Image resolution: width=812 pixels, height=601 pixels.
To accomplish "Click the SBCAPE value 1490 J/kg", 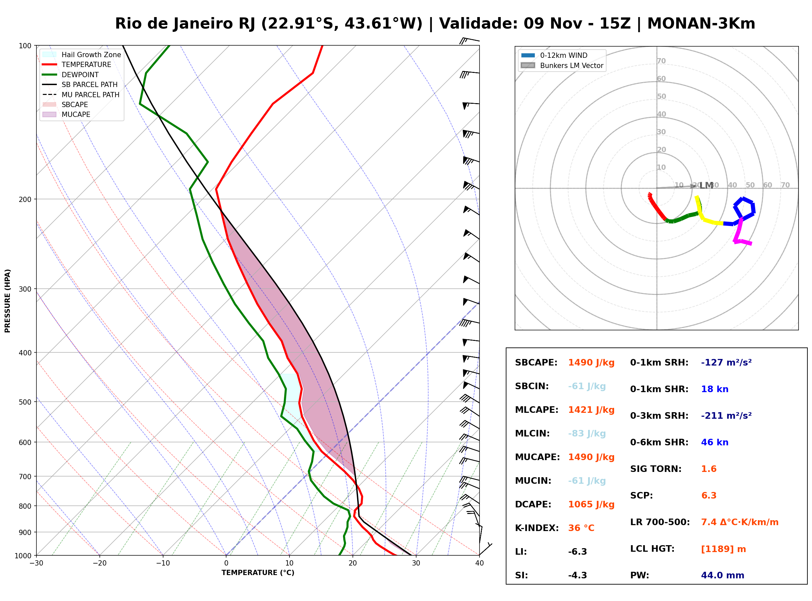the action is pos(591,363).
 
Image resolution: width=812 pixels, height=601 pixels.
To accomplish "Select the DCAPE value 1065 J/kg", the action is pos(591,504).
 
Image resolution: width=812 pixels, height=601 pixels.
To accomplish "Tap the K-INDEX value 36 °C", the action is pos(581,528).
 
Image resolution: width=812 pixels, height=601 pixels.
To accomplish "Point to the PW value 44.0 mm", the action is pos(723,575).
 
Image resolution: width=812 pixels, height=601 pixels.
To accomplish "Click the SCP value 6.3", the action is pos(709,496).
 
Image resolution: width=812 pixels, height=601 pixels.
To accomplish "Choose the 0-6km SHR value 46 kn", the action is pos(715,442).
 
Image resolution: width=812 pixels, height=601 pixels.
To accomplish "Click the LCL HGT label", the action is pos(652,549).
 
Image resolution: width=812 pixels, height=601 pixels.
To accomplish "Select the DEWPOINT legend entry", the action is pos(71,75).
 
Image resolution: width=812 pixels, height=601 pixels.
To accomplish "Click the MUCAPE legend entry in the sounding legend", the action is pos(67,115).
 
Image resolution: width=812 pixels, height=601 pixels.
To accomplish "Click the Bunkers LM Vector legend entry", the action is pos(562,65).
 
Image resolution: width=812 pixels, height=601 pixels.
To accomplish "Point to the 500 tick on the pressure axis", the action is pos(25,402).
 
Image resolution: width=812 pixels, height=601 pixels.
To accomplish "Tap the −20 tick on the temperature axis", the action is pos(99,563).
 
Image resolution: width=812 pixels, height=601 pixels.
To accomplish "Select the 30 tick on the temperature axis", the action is pos(416,563).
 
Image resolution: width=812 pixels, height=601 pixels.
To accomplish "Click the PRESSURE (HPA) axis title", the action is pos(8,301).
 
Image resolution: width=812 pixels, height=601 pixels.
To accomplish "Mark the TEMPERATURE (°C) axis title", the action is pos(258,573).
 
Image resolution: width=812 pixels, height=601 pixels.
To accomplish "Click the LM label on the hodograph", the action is pos(707,186).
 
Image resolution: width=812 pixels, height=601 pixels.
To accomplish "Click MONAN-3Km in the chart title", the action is pos(701,24).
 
